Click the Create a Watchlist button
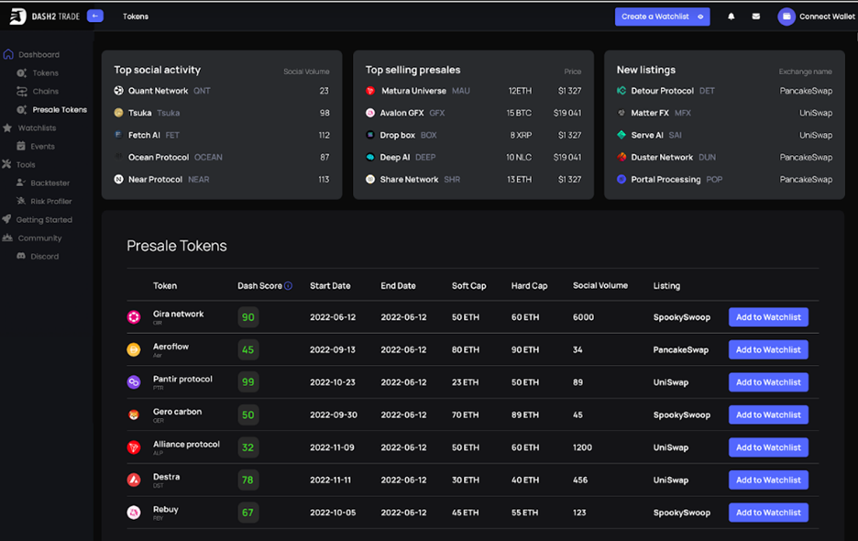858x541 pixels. coord(662,17)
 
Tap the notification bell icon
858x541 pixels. coord(731,17)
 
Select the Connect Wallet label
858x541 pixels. coord(827,17)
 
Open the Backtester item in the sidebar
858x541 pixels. coord(49,183)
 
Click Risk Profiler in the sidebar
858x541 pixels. coord(50,202)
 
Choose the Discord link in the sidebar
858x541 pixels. coord(44,257)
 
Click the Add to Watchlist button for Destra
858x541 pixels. coord(768,480)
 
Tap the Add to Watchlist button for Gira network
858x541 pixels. coord(768,317)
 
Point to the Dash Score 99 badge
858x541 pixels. coord(247,382)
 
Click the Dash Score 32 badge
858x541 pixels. coord(247,447)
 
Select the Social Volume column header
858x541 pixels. coord(600,286)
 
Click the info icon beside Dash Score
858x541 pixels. coord(288,286)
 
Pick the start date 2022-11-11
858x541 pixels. coord(332,480)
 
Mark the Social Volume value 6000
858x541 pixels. coord(583,317)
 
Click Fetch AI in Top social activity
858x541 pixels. coord(144,136)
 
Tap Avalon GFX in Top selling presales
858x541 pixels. coord(401,114)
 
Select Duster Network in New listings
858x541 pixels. coord(662,158)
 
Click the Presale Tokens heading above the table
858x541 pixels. coord(177,246)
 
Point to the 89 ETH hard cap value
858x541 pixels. coord(525,414)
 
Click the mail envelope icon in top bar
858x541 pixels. coord(756,17)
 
